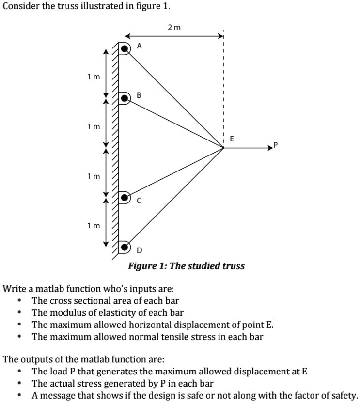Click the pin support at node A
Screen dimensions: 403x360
pyautogui.click(x=125, y=48)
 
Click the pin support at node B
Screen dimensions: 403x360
pyautogui.click(x=125, y=99)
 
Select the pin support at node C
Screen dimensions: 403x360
pyautogui.click(x=125, y=198)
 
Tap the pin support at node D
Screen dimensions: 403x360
pyautogui.click(x=125, y=248)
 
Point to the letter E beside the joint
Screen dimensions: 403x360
pyautogui.click(x=232, y=139)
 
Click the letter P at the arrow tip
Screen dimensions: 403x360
pyautogui.click(x=276, y=144)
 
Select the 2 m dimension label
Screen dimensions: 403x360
pyautogui.click(x=174, y=28)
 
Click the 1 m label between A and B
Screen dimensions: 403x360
pyautogui.click(x=94, y=76)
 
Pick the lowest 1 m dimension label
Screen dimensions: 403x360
pyautogui.click(x=94, y=225)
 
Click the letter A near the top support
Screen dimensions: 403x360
pyautogui.click(x=139, y=46)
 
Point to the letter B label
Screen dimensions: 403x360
pyautogui.click(x=139, y=95)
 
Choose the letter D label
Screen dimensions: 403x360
pyautogui.click(x=140, y=250)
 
